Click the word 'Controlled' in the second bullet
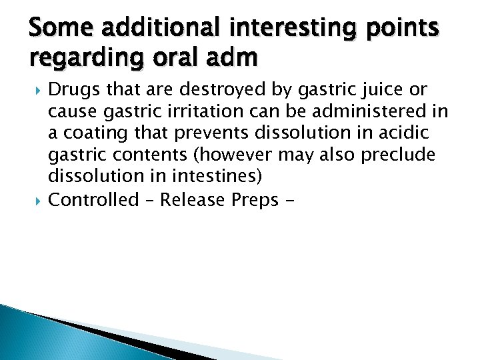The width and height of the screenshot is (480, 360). click(x=93, y=199)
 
